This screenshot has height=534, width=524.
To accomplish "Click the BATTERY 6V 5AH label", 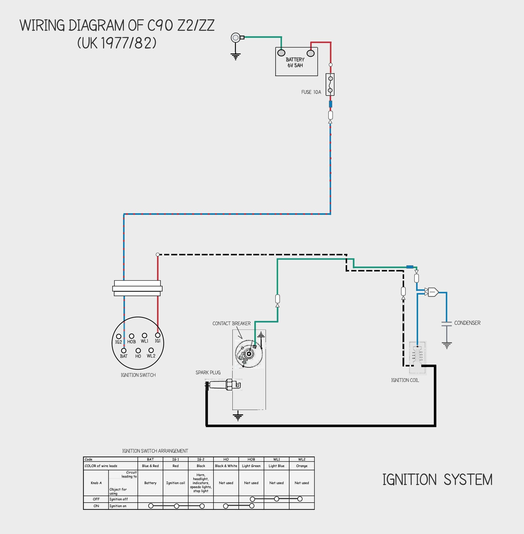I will [295, 62].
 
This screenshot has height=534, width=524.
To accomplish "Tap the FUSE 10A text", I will [311, 92].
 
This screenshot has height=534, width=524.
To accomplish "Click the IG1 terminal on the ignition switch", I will [157, 335].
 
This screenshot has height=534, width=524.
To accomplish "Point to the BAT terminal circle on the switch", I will [124, 350].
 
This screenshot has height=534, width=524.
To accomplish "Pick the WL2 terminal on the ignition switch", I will [151, 350].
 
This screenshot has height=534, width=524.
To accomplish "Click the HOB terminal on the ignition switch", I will [132, 336].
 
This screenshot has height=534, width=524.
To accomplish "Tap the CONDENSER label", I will [467, 323].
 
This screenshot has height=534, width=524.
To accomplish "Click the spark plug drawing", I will [223, 384].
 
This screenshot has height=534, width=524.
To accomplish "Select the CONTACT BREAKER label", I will [231, 323].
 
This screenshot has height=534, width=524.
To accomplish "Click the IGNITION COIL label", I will [405, 380].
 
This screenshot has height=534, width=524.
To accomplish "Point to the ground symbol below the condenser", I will [447, 345].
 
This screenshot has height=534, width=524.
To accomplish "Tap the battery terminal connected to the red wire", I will [310, 53].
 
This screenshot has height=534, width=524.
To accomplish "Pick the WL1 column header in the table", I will [276, 459].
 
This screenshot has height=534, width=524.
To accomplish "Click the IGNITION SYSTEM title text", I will [437, 479].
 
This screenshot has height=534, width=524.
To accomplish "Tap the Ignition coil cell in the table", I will [175, 483].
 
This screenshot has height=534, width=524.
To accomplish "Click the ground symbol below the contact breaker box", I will [238, 416].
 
